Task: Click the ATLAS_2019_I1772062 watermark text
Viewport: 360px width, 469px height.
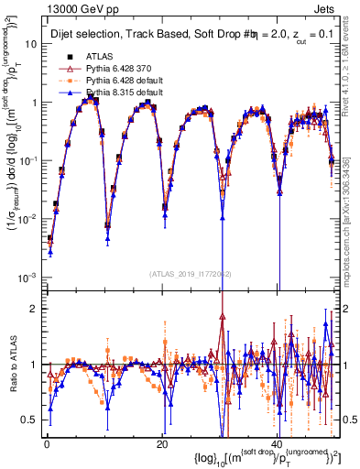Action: click(190, 274)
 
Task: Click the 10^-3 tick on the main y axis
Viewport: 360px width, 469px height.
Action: click(29, 278)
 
